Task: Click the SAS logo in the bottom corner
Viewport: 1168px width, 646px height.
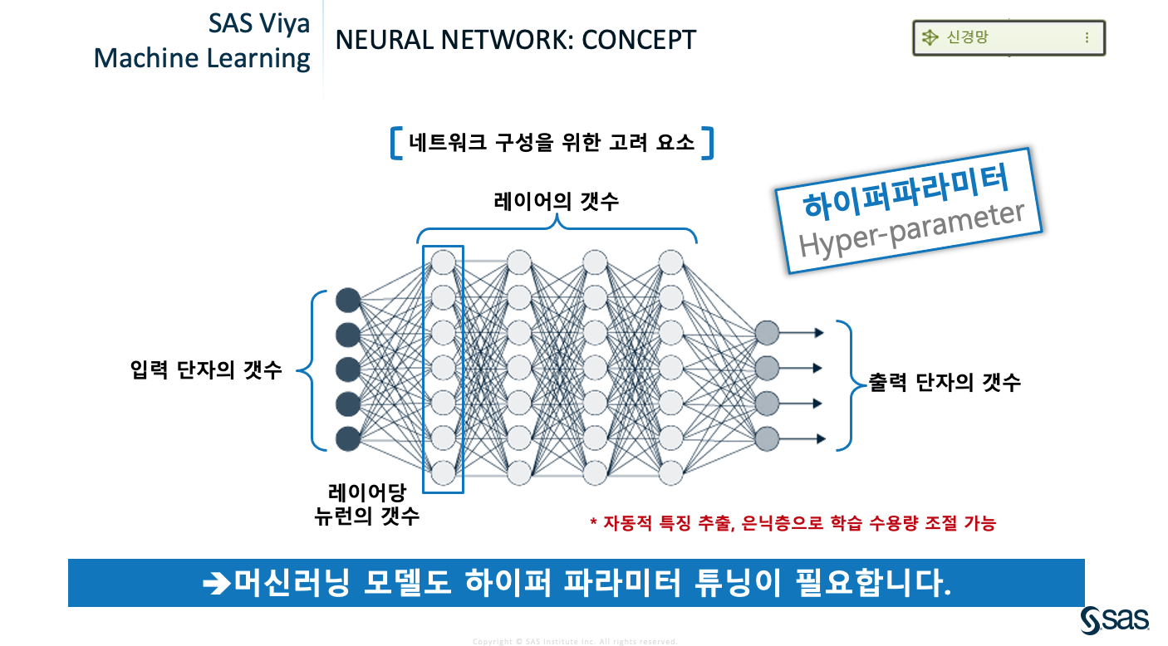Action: (x=1115, y=619)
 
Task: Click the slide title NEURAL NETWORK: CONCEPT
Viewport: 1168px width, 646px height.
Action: (x=515, y=39)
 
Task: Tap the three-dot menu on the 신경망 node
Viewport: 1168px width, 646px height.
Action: (x=1087, y=37)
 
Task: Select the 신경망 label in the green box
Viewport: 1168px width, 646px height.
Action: (x=968, y=37)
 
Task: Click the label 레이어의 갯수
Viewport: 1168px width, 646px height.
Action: (x=556, y=201)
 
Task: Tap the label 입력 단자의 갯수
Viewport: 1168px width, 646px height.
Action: (x=206, y=370)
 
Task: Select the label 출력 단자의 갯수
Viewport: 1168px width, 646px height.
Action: (x=944, y=382)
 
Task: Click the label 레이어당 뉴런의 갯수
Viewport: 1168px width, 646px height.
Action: (x=366, y=503)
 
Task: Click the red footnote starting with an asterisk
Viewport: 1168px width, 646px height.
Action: (x=793, y=523)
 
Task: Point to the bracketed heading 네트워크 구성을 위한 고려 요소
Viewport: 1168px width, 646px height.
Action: (x=552, y=142)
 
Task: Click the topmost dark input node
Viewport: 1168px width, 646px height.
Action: (x=348, y=300)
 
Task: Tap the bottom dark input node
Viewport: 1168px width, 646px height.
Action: (x=348, y=438)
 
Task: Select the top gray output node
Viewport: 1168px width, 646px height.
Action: (x=768, y=332)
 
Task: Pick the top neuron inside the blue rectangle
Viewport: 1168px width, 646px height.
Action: (x=443, y=262)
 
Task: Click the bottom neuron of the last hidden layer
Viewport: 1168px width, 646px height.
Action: (x=670, y=472)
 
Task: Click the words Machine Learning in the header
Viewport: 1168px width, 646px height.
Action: (x=202, y=58)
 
